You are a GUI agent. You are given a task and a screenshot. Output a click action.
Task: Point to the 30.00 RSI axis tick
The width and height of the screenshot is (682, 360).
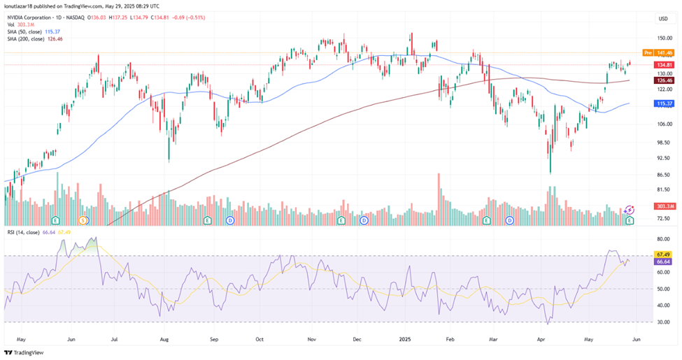click(662, 322)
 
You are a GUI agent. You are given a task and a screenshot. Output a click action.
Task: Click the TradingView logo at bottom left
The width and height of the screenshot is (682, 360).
click(24, 352)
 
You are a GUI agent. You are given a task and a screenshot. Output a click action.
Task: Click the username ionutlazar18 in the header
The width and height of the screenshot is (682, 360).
click(24, 6)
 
